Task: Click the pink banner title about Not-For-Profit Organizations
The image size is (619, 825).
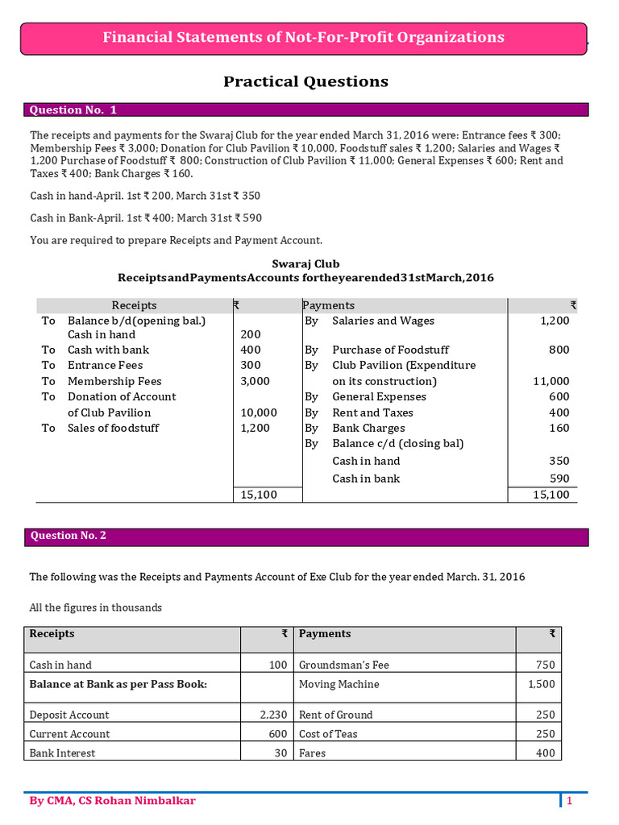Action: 304,37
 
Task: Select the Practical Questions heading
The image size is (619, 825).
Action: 305,81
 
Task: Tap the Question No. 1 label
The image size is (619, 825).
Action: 73,110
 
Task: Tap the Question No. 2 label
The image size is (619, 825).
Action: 68,536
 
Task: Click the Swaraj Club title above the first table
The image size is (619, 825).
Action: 305,263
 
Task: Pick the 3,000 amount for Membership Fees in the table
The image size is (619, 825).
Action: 255,381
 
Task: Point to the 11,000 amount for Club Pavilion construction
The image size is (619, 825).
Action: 550,381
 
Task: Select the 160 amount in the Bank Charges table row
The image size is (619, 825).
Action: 559,428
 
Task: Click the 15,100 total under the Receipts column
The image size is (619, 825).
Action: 259,495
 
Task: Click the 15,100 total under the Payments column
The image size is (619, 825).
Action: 551,495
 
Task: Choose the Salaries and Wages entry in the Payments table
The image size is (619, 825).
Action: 383,321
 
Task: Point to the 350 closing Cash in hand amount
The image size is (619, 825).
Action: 559,461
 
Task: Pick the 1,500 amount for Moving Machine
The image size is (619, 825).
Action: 541,684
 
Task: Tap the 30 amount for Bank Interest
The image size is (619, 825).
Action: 277,753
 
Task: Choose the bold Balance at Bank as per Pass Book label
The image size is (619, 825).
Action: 118,684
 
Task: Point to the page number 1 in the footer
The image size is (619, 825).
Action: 569,801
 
